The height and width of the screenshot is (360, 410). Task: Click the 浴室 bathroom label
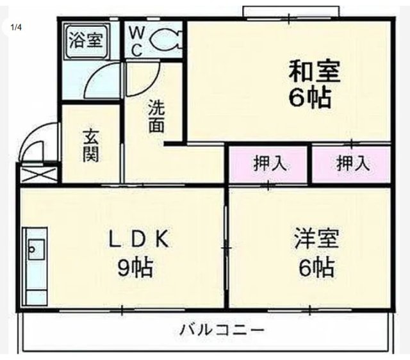85,40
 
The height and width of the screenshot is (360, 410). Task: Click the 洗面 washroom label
156,116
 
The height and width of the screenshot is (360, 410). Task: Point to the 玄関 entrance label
91,145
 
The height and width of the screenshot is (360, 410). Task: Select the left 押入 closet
270,163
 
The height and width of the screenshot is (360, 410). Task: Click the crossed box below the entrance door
39,174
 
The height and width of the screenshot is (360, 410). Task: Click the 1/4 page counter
15,28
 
